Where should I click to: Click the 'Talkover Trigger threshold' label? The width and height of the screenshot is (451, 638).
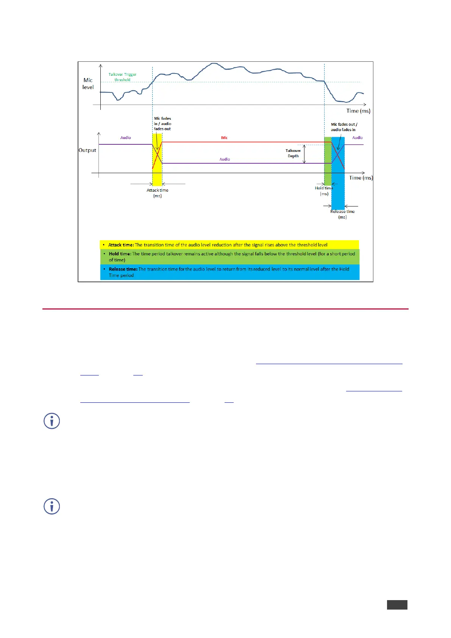pos(122,77)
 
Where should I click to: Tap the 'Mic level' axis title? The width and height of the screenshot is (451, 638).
pos(88,84)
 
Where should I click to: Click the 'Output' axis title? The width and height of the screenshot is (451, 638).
pos(87,150)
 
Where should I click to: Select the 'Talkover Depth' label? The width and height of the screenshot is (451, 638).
pos(293,153)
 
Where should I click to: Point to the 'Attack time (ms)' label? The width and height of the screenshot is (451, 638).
pos(158,193)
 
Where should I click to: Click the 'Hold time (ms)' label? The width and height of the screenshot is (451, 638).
pos(324,191)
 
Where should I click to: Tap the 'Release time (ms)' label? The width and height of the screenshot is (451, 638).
pos(342,214)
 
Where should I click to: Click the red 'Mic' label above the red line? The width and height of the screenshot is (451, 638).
pos(224,138)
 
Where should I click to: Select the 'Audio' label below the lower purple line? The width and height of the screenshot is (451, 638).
pos(225,159)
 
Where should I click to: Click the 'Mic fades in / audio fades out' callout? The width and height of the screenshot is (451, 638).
pos(162,124)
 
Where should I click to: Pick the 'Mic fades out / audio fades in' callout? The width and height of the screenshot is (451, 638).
pos(344,127)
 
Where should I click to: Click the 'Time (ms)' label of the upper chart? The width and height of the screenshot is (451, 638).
pos(358,111)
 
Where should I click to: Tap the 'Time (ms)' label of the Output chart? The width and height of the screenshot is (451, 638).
pos(361,178)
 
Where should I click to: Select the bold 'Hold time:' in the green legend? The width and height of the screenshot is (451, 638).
pos(120,254)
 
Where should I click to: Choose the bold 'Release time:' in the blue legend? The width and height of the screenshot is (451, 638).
pos(123,269)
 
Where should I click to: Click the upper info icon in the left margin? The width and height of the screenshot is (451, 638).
pos(52,421)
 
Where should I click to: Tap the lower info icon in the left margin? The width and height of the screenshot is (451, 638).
pos(52,506)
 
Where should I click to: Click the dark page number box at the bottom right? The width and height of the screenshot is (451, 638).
pos(397,605)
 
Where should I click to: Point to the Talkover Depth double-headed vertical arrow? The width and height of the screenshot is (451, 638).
pos(304,154)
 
